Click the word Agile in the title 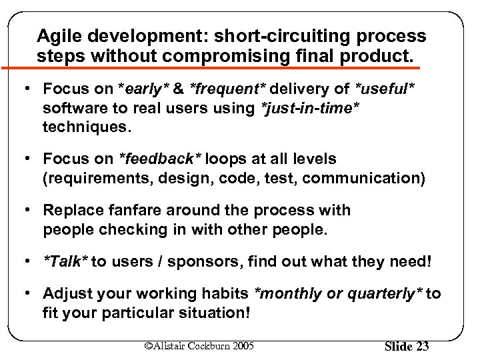pos(58,36)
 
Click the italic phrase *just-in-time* pos(311,107)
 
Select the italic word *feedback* pos(160,159)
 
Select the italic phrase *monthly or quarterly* pos(337,294)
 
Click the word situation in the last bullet pos(209,313)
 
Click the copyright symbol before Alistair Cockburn pos(148,345)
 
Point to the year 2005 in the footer pos(241,345)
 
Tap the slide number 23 pos(421,346)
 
